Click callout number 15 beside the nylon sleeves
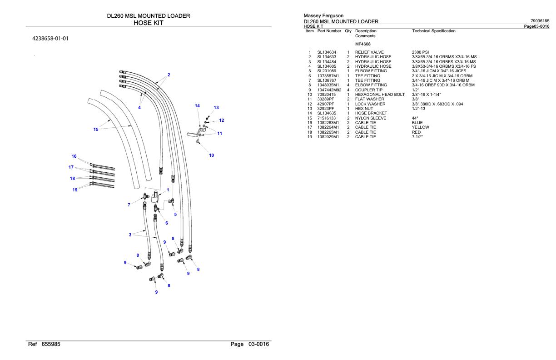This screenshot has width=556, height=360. tap(96, 129)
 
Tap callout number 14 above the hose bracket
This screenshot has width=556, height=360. tap(197, 105)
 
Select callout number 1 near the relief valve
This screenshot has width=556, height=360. tap(168, 190)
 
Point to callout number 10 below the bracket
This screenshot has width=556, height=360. tap(211, 155)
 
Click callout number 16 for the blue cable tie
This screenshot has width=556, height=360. tap(74, 156)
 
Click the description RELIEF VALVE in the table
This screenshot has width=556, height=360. tap(371, 52)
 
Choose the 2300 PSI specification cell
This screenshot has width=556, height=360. tap(420, 52)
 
